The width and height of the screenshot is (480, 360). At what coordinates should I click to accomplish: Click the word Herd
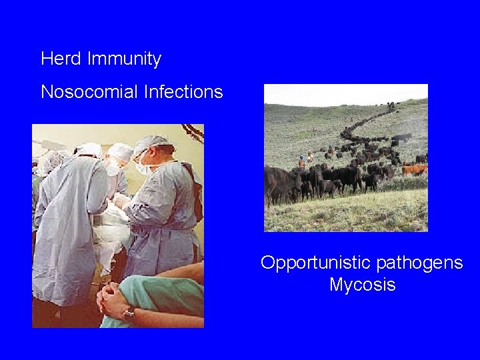point(61,59)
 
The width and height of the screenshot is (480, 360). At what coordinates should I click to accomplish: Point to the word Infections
point(183,92)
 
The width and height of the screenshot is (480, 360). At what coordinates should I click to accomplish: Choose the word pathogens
point(419,263)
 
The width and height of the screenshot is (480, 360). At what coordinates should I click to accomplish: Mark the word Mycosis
point(362,285)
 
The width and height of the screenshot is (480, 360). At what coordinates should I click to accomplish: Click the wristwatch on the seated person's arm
point(129,312)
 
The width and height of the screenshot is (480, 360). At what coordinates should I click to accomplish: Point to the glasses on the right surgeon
point(139,155)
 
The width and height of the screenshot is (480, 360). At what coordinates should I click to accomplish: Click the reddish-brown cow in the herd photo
point(413,170)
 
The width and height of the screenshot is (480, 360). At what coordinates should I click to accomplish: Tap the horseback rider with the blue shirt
point(301,161)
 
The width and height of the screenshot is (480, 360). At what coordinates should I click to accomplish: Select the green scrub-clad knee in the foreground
point(170,293)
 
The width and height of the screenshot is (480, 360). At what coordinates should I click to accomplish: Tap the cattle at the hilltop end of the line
point(390,107)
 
